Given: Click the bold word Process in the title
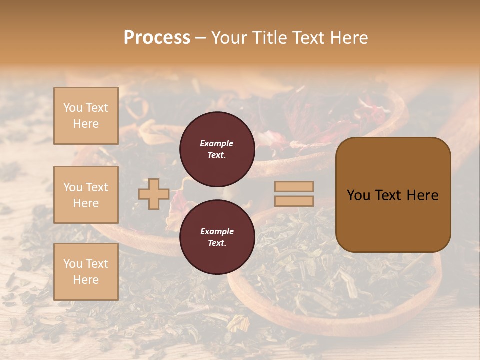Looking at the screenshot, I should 157,38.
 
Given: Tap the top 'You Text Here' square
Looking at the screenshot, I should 86,116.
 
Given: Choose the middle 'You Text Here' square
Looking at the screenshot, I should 86,195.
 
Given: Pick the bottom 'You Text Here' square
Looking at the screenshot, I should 86,272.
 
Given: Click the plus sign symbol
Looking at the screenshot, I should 153,194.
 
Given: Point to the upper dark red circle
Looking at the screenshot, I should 217,149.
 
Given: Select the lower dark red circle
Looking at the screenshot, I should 217,237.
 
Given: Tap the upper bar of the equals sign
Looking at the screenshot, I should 294,186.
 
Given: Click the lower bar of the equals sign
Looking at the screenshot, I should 294,201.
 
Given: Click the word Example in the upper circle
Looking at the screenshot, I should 217,143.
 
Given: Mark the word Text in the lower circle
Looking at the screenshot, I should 216,243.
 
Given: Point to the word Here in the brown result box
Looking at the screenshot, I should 422,195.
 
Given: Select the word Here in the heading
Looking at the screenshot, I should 350,38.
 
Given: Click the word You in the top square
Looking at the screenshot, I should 73,108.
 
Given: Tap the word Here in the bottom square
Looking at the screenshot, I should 86,280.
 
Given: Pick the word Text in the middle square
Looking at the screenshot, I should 97,187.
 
